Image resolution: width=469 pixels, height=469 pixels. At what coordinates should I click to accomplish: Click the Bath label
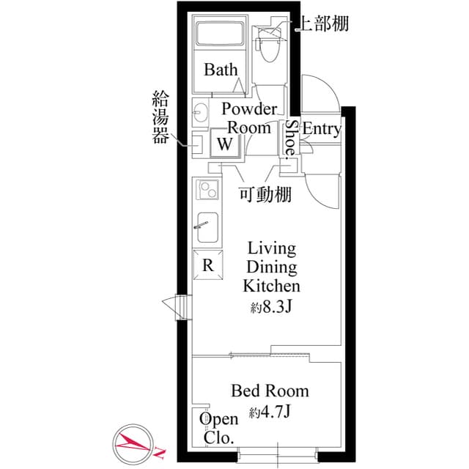(221, 70)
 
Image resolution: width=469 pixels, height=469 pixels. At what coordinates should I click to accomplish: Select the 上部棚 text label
(321, 23)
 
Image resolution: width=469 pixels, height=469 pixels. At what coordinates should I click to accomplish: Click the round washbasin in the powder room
(201, 114)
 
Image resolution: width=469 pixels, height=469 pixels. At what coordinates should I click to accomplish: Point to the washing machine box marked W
(225, 143)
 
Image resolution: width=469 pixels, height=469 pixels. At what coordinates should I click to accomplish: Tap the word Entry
(322, 130)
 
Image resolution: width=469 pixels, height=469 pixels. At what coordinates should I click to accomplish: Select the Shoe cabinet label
(291, 137)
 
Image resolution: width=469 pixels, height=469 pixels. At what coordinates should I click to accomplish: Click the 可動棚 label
(265, 194)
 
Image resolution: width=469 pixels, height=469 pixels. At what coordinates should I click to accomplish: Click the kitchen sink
(206, 229)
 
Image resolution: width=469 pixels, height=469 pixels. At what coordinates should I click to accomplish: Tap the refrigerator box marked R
(207, 265)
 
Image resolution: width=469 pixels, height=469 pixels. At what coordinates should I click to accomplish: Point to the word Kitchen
(271, 286)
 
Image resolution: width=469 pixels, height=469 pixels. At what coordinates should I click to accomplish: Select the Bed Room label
(270, 391)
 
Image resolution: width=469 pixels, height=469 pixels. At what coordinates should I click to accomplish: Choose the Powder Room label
(249, 118)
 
